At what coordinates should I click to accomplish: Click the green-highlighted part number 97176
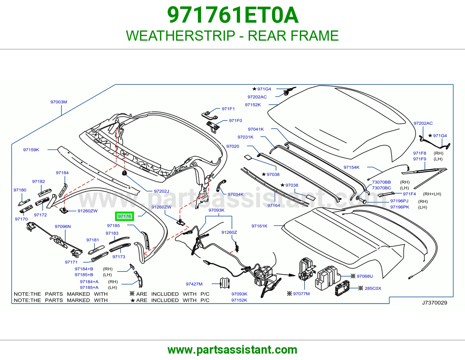(124, 216)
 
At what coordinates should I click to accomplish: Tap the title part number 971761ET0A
(233, 15)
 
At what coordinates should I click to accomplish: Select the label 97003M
(59, 102)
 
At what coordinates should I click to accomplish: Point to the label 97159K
(31, 150)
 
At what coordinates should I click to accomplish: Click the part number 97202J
(161, 191)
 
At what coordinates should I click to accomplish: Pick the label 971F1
(228, 109)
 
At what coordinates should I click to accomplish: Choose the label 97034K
(235, 194)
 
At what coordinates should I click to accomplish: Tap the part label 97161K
(259, 226)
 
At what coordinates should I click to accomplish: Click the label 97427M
(194, 284)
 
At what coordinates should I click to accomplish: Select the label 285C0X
(373, 288)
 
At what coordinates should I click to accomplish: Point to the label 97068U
(365, 276)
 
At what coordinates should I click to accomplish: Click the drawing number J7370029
(434, 303)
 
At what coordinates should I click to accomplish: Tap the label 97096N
(63, 226)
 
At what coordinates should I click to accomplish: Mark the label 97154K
(351, 168)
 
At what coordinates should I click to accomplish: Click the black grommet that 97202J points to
(124, 173)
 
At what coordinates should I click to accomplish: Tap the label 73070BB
(381, 182)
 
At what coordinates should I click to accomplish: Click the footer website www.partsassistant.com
(233, 350)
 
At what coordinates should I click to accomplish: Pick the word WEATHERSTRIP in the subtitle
(180, 35)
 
